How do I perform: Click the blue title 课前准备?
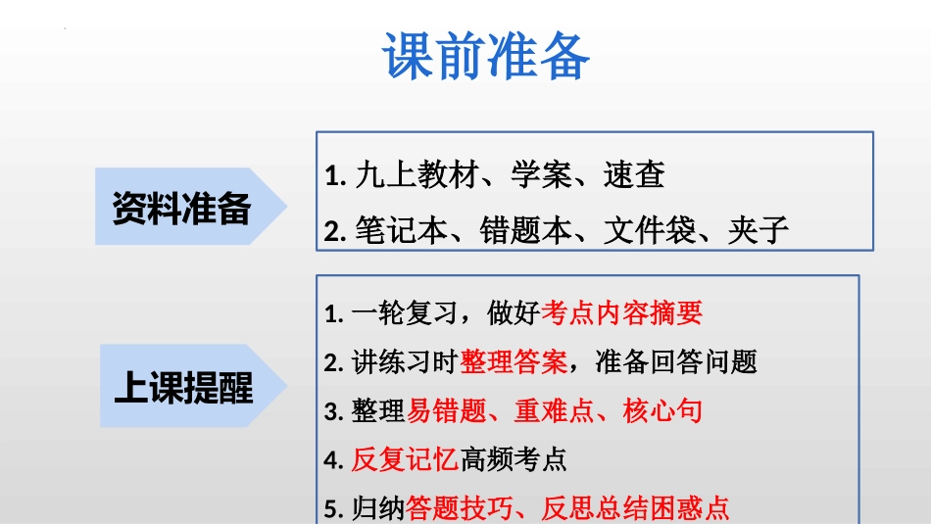pyautogui.click(x=486, y=56)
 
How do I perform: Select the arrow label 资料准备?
pyautogui.click(x=181, y=208)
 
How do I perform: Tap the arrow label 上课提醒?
pyautogui.click(x=183, y=387)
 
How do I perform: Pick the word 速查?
pyautogui.click(x=634, y=174)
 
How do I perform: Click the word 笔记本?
pyautogui.click(x=402, y=230)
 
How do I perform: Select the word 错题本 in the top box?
pyautogui.click(x=525, y=230)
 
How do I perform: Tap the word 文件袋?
pyautogui.click(x=650, y=230)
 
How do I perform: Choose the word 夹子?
pyautogui.click(x=759, y=230)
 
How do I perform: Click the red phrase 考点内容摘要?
pyautogui.click(x=621, y=312)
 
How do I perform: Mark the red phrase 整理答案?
pyautogui.click(x=514, y=361)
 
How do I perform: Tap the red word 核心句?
pyautogui.click(x=662, y=410)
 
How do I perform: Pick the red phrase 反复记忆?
pyautogui.click(x=405, y=459)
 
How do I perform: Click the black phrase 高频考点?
pyautogui.click(x=514, y=459)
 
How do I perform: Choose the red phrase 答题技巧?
pyautogui.click(x=460, y=508)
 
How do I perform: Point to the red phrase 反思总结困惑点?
pyautogui.click(x=635, y=508)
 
